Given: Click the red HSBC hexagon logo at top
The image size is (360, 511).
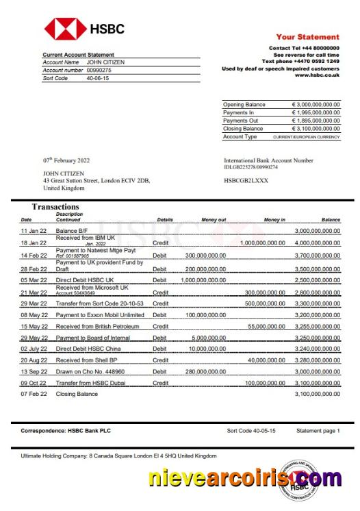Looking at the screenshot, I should [x=65, y=29].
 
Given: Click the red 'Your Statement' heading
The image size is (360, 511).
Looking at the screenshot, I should [x=307, y=37].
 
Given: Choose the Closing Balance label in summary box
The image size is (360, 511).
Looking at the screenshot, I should [x=243, y=129].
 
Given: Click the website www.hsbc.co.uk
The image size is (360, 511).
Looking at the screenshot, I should [x=317, y=75].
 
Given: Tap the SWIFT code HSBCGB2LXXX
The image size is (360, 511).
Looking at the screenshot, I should [x=246, y=180].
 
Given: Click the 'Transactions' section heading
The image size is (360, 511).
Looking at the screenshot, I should [x=55, y=206].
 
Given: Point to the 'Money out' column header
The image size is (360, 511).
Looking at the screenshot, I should [x=213, y=220].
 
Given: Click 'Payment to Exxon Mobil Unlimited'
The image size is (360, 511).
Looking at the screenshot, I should [x=100, y=315].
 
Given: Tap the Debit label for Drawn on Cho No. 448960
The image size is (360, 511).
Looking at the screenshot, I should [x=159, y=371].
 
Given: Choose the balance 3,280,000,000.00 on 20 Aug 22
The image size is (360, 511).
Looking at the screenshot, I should [x=317, y=360].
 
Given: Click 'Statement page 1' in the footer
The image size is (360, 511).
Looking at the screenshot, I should [x=317, y=431].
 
